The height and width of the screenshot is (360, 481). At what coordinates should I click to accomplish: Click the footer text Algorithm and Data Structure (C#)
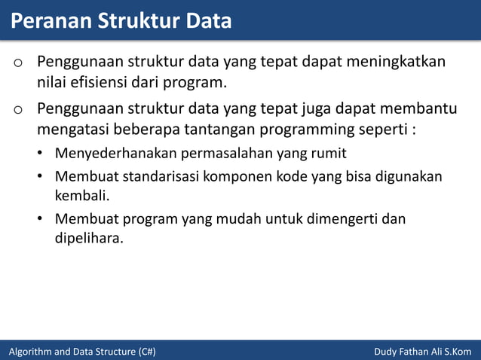[x=82, y=352]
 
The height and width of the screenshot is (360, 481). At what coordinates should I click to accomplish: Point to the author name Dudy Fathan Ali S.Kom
[x=422, y=352]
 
